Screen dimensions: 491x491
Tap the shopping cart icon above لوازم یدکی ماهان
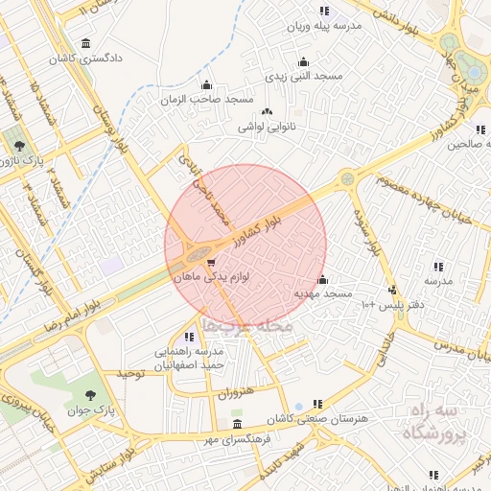(x=210, y=261)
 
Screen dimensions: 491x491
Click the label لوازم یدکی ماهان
(x=211, y=276)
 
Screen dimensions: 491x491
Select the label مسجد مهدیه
(x=323, y=292)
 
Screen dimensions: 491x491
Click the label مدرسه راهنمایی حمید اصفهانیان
(x=187, y=358)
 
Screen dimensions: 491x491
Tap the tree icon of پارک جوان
(x=90, y=394)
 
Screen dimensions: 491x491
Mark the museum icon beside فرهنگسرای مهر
(x=237, y=424)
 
